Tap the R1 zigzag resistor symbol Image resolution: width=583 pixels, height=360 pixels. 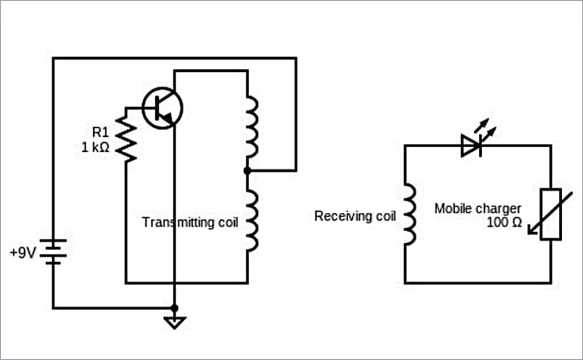point(126,138)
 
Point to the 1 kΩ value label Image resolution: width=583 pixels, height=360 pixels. point(95,147)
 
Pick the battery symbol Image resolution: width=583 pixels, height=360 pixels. point(54,252)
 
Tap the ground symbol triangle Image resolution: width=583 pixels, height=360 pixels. point(175,322)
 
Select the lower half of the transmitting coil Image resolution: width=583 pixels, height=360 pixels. point(252,221)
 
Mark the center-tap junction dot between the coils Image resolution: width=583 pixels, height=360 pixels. point(247,170)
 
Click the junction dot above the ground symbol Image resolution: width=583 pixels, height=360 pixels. point(175,308)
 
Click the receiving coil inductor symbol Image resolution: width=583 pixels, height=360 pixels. point(409,215)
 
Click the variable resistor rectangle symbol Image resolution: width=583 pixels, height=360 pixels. point(551,214)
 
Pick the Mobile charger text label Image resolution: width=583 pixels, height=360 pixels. point(477,208)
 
